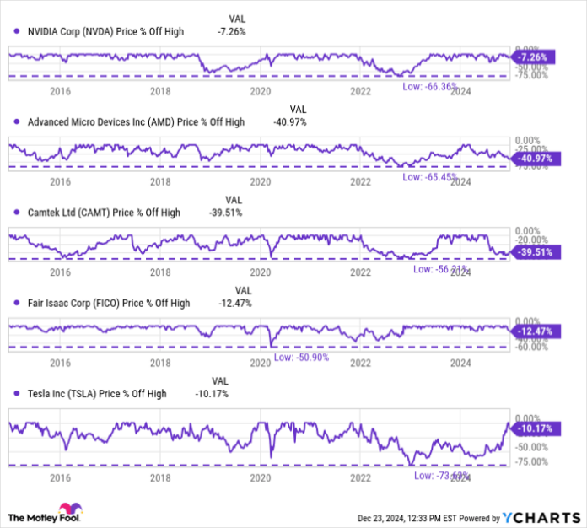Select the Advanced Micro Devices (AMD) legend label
tap(136, 122)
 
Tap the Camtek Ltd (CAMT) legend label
tap(104, 213)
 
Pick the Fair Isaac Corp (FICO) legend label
tap(109, 303)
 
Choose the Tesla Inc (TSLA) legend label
tap(97, 393)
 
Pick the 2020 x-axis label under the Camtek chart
tap(261, 272)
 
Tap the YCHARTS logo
tap(540, 516)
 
